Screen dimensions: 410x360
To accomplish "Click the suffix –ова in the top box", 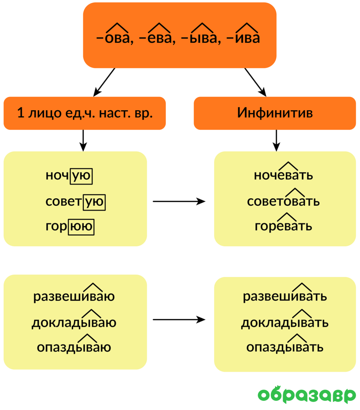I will pos(115,38).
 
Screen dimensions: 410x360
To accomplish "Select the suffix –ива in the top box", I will pos(243,38).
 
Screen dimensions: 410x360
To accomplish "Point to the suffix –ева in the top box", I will pos(156,38).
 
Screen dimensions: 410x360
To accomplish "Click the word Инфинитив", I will pos(275,113).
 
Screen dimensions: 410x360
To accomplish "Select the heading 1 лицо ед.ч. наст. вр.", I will pos(84,113).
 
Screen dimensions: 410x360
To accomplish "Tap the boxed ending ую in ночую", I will pos(81,176).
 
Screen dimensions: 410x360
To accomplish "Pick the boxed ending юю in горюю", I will pos(81,227).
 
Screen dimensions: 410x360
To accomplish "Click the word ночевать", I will pos(284,175).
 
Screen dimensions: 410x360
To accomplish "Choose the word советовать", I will pos(284,201).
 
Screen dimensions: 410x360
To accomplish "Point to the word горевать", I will pos(284,226).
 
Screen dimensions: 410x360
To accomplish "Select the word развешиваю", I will pos(74,297).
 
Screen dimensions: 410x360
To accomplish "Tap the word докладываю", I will pos(74,322).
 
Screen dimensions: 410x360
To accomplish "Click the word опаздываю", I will pos(74,348).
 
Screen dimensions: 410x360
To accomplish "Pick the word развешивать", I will pos(285,297).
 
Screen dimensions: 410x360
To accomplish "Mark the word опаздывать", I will pos(285,348).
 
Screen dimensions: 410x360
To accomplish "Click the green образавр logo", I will pos(307,395).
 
